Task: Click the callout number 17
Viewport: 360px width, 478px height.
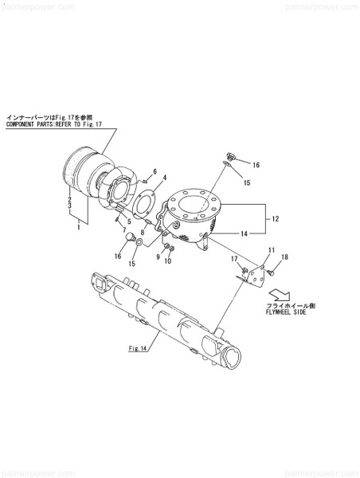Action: click(235, 259)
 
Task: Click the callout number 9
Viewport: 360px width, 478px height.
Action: click(158, 257)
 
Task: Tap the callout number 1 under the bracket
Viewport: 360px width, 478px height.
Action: click(77, 227)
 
